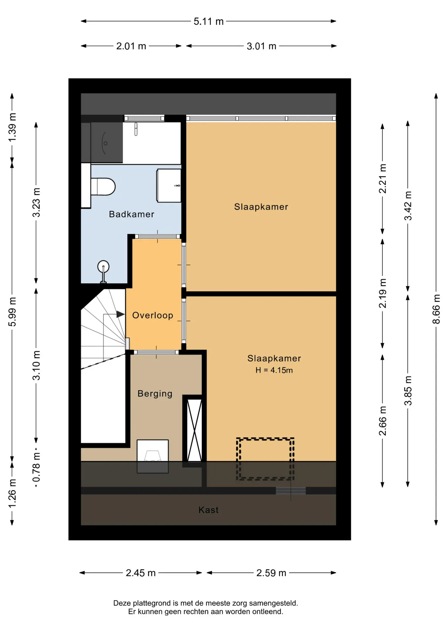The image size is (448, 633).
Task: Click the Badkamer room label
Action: (x=132, y=214)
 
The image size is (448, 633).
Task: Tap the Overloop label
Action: (x=153, y=316)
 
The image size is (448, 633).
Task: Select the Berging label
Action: (x=155, y=394)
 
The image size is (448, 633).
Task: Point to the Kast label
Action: (x=208, y=510)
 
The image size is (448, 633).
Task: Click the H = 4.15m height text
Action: (x=274, y=370)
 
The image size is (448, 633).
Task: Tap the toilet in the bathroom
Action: (x=103, y=187)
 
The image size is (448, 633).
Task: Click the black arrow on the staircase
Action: (x=120, y=315)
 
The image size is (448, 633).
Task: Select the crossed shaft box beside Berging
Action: (x=195, y=430)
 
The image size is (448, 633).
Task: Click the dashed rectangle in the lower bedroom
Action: (x=265, y=459)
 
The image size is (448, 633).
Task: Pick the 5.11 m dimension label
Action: (x=208, y=21)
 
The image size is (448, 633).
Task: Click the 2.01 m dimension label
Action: (x=131, y=46)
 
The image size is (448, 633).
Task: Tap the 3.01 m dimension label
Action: (x=262, y=46)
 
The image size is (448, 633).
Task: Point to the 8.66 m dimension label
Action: (x=436, y=309)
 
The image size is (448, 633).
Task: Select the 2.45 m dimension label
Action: (x=141, y=573)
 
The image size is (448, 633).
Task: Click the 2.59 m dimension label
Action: (x=271, y=573)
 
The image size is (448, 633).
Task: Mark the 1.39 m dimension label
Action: (x=12, y=128)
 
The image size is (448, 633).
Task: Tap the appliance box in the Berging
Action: (x=153, y=457)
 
